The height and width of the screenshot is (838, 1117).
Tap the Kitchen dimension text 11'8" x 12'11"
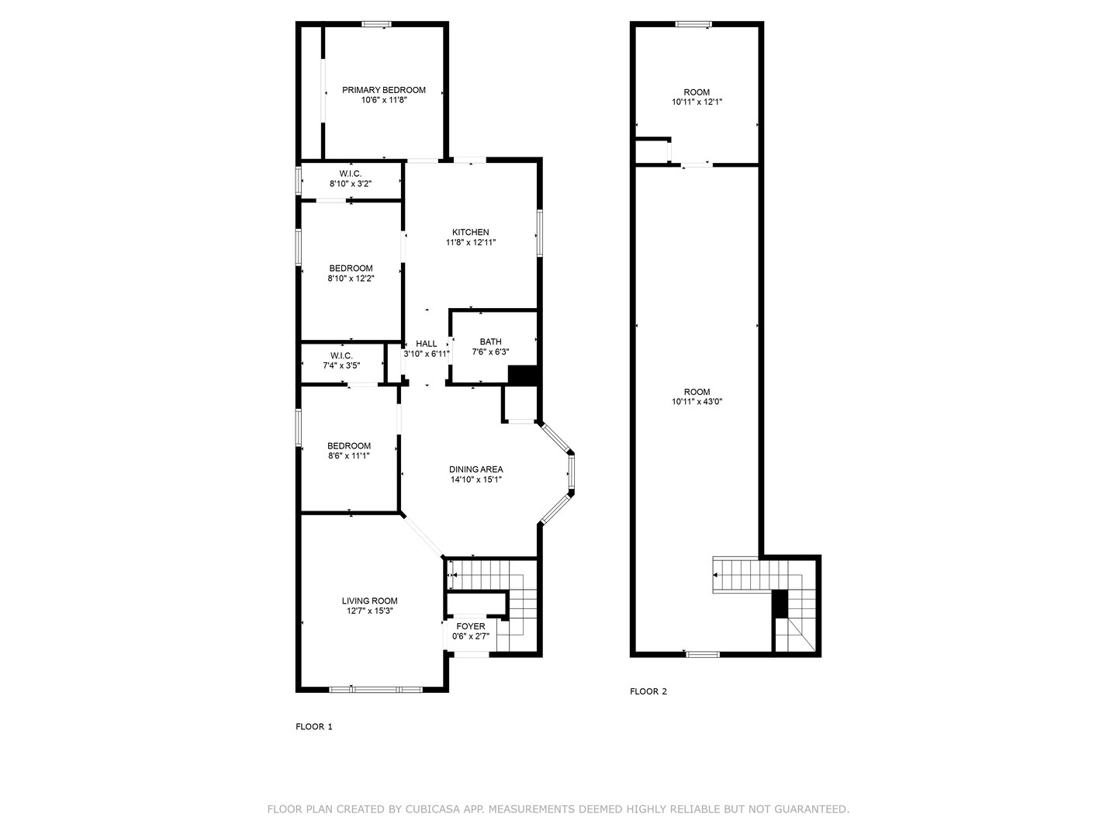[471, 243]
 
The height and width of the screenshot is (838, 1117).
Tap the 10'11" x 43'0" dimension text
[697, 401]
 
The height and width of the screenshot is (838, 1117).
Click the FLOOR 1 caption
[314, 726]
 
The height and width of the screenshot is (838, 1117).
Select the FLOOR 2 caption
[648, 691]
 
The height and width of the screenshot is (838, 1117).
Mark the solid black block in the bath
[523, 376]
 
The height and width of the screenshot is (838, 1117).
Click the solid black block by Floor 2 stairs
[780, 604]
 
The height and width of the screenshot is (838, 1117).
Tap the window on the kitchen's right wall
[539, 233]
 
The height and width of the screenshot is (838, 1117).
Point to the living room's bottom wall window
[375, 690]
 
